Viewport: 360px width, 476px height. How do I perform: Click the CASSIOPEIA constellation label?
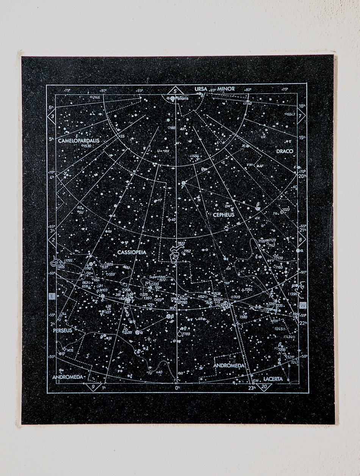pos(131,252)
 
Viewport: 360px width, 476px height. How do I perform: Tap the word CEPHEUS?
pos(223,215)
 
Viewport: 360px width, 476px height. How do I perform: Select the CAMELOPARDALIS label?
pos(79,141)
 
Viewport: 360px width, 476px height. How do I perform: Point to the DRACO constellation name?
pos(285,151)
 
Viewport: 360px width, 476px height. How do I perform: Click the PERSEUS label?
pos(62,330)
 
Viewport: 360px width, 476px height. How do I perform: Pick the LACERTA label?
pos(273,379)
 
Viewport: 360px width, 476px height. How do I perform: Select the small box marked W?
pos(302,305)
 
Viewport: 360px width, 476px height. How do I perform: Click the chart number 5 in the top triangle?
pos(174,91)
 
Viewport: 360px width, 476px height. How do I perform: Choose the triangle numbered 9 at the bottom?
pos(93,387)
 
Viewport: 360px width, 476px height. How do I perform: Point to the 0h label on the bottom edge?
pos(177,388)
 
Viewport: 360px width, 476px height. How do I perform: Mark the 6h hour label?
pos(51,107)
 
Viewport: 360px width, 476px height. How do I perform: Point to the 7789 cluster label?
pos(186,334)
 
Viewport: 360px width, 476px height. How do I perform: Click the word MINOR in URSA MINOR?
pos(226,89)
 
